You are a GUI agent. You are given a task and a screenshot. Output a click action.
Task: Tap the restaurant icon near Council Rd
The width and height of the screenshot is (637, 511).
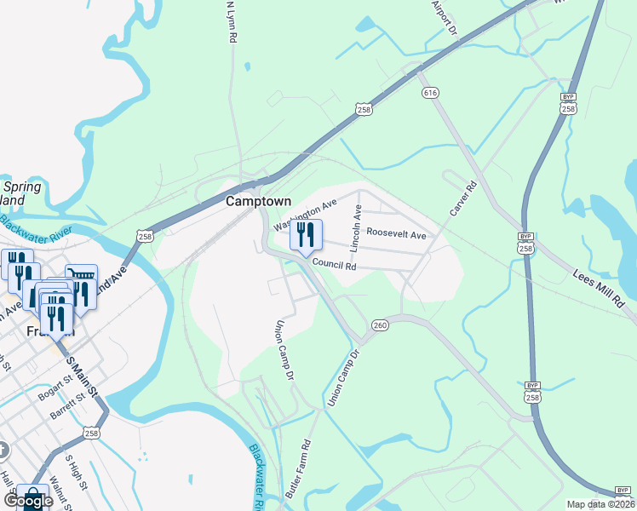pyautogui.click(x=306, y=234)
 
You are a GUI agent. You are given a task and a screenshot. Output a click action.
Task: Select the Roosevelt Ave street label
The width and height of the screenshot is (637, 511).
pyautogui.click(x=396, y=233)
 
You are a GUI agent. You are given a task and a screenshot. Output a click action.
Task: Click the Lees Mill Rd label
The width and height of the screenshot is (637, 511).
pyautogui.click(x=600, y=290)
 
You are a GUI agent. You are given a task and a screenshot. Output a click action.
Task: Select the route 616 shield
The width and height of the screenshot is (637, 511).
pyautogui.click(x=430, y=92)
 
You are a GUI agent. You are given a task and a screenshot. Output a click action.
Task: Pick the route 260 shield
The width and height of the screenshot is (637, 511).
pyautogui.click(x=380, y=324)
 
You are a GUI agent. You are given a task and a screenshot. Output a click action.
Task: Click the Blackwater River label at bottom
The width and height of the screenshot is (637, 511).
pyautogui.click(x=255, y=477)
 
